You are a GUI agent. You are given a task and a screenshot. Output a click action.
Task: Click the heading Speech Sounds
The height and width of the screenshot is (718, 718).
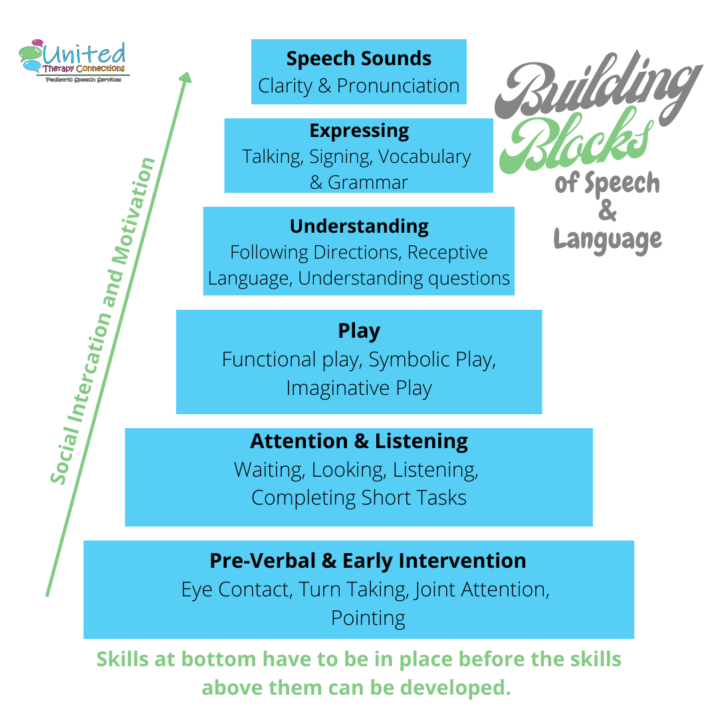(x=358, y=59)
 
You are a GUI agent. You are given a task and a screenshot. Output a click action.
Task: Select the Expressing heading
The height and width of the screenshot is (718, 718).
(x=359, y=130)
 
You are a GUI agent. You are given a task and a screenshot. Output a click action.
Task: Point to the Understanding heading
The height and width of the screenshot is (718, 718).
(x=359, y=226)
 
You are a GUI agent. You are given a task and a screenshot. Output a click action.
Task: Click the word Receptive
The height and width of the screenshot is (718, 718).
(x=447, y=253)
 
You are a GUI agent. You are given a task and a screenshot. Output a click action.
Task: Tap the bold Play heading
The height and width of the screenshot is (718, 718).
(x=359, y=330)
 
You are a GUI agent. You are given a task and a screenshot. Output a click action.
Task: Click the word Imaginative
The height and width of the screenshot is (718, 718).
(x=330, y=388)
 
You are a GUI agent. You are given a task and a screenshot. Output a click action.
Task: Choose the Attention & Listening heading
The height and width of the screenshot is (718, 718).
(x=359, y=441)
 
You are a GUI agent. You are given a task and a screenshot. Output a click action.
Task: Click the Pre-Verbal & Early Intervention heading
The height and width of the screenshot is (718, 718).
(x=368, y=560)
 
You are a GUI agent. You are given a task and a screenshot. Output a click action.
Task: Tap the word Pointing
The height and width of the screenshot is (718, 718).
(x=368, y=618)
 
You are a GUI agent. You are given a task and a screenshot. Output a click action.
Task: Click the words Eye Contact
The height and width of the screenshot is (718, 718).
(x=237, y=590)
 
